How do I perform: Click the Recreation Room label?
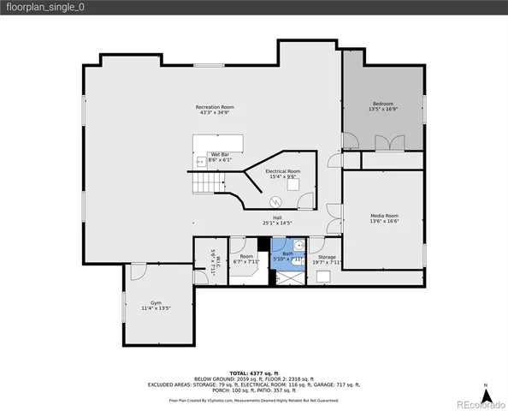[216, 107]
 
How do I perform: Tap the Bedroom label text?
[382, 104]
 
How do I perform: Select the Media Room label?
[383, 215]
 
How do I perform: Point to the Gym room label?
[156, 303]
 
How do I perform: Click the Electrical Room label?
[282, 171]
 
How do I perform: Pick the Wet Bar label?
[220, 154]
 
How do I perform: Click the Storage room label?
[327, 256]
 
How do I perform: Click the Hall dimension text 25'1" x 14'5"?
[277, 223]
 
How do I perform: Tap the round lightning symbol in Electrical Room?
[275, 202]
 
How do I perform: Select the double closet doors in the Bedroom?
[382, 143]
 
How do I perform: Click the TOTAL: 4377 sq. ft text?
[253, 373]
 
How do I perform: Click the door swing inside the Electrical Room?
[305, 202]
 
